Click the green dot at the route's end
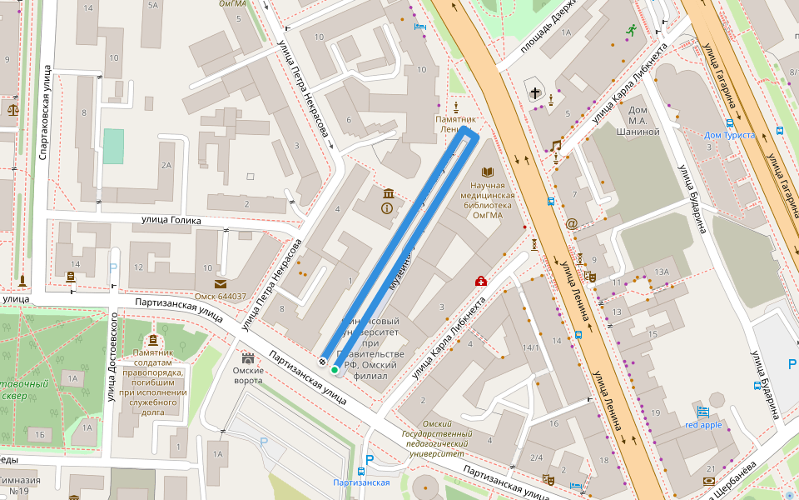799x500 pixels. (x=335, y=369)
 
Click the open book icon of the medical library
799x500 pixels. (x=488, y=172)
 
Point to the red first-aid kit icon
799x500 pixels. (x=480, y=281)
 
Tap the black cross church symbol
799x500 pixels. (x=533, y=92)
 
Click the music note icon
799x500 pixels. (x=556, y=145)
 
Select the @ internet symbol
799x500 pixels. (x=571, y=223)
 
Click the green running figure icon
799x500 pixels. (x=632, y=31)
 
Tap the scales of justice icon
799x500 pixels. (x=12, y=107)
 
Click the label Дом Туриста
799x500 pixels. (x=729, y=135)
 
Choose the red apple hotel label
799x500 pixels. (x=703, y=425)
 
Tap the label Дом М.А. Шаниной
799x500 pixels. (x=638, y=121)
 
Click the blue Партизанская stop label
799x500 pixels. (x=360, y=482)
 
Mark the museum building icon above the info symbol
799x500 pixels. (x=388, y=194)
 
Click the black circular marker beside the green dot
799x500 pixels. (x=322, y=362)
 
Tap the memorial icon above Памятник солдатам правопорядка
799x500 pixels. (x=152, y=340)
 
